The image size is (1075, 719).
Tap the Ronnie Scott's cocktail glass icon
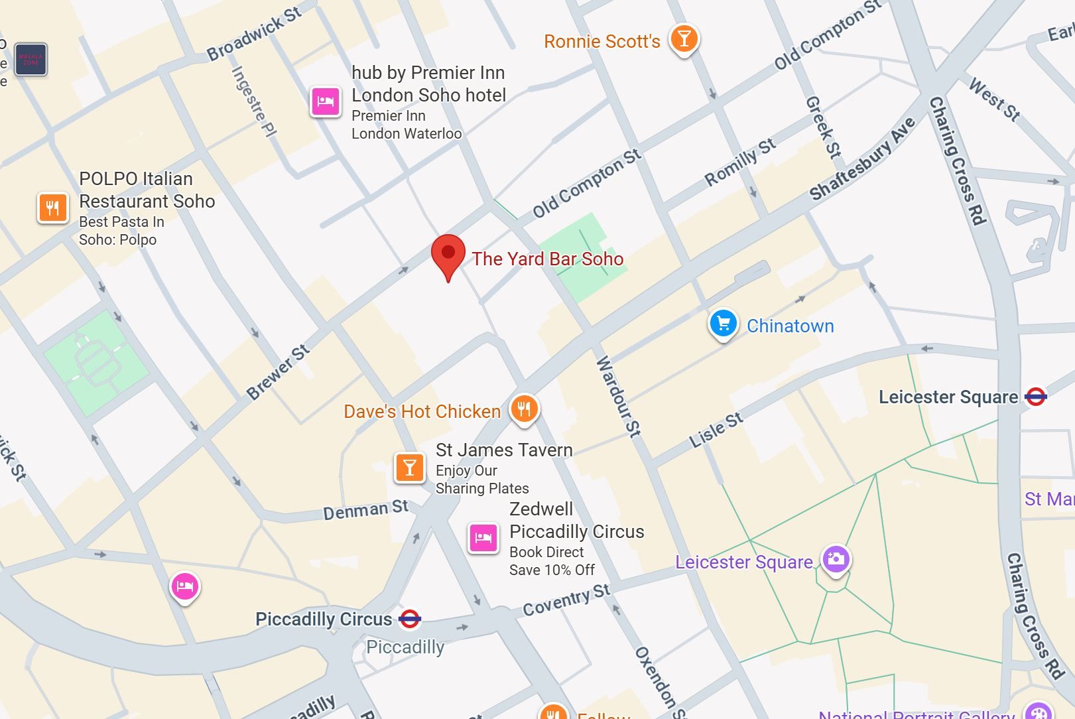pos(684,38)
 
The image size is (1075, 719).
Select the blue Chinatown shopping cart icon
pos(723,324)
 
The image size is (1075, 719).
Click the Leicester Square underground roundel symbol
pos(1035,397)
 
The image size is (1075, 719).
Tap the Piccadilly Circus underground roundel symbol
pos(410,619)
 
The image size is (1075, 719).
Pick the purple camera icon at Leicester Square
pos(836,558)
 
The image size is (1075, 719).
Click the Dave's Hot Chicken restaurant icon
pos(524,409)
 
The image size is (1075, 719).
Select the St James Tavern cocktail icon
pos(410,468)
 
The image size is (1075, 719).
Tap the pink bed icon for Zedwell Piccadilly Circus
pos(483,538)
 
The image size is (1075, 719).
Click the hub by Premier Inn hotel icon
pos(326,101)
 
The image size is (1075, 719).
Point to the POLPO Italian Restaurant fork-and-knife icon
pos(53,208)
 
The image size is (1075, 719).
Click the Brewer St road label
pos(278,372)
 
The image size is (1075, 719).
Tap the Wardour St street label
pos(618,397)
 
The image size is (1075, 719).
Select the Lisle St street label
pos(716,430)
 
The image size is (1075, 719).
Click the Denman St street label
pos(365,510)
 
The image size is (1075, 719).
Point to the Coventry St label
pos(566,600)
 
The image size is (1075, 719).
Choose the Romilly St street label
pos(739,163)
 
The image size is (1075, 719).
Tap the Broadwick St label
pos(254,33)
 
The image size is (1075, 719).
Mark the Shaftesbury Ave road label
pos(862,159)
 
